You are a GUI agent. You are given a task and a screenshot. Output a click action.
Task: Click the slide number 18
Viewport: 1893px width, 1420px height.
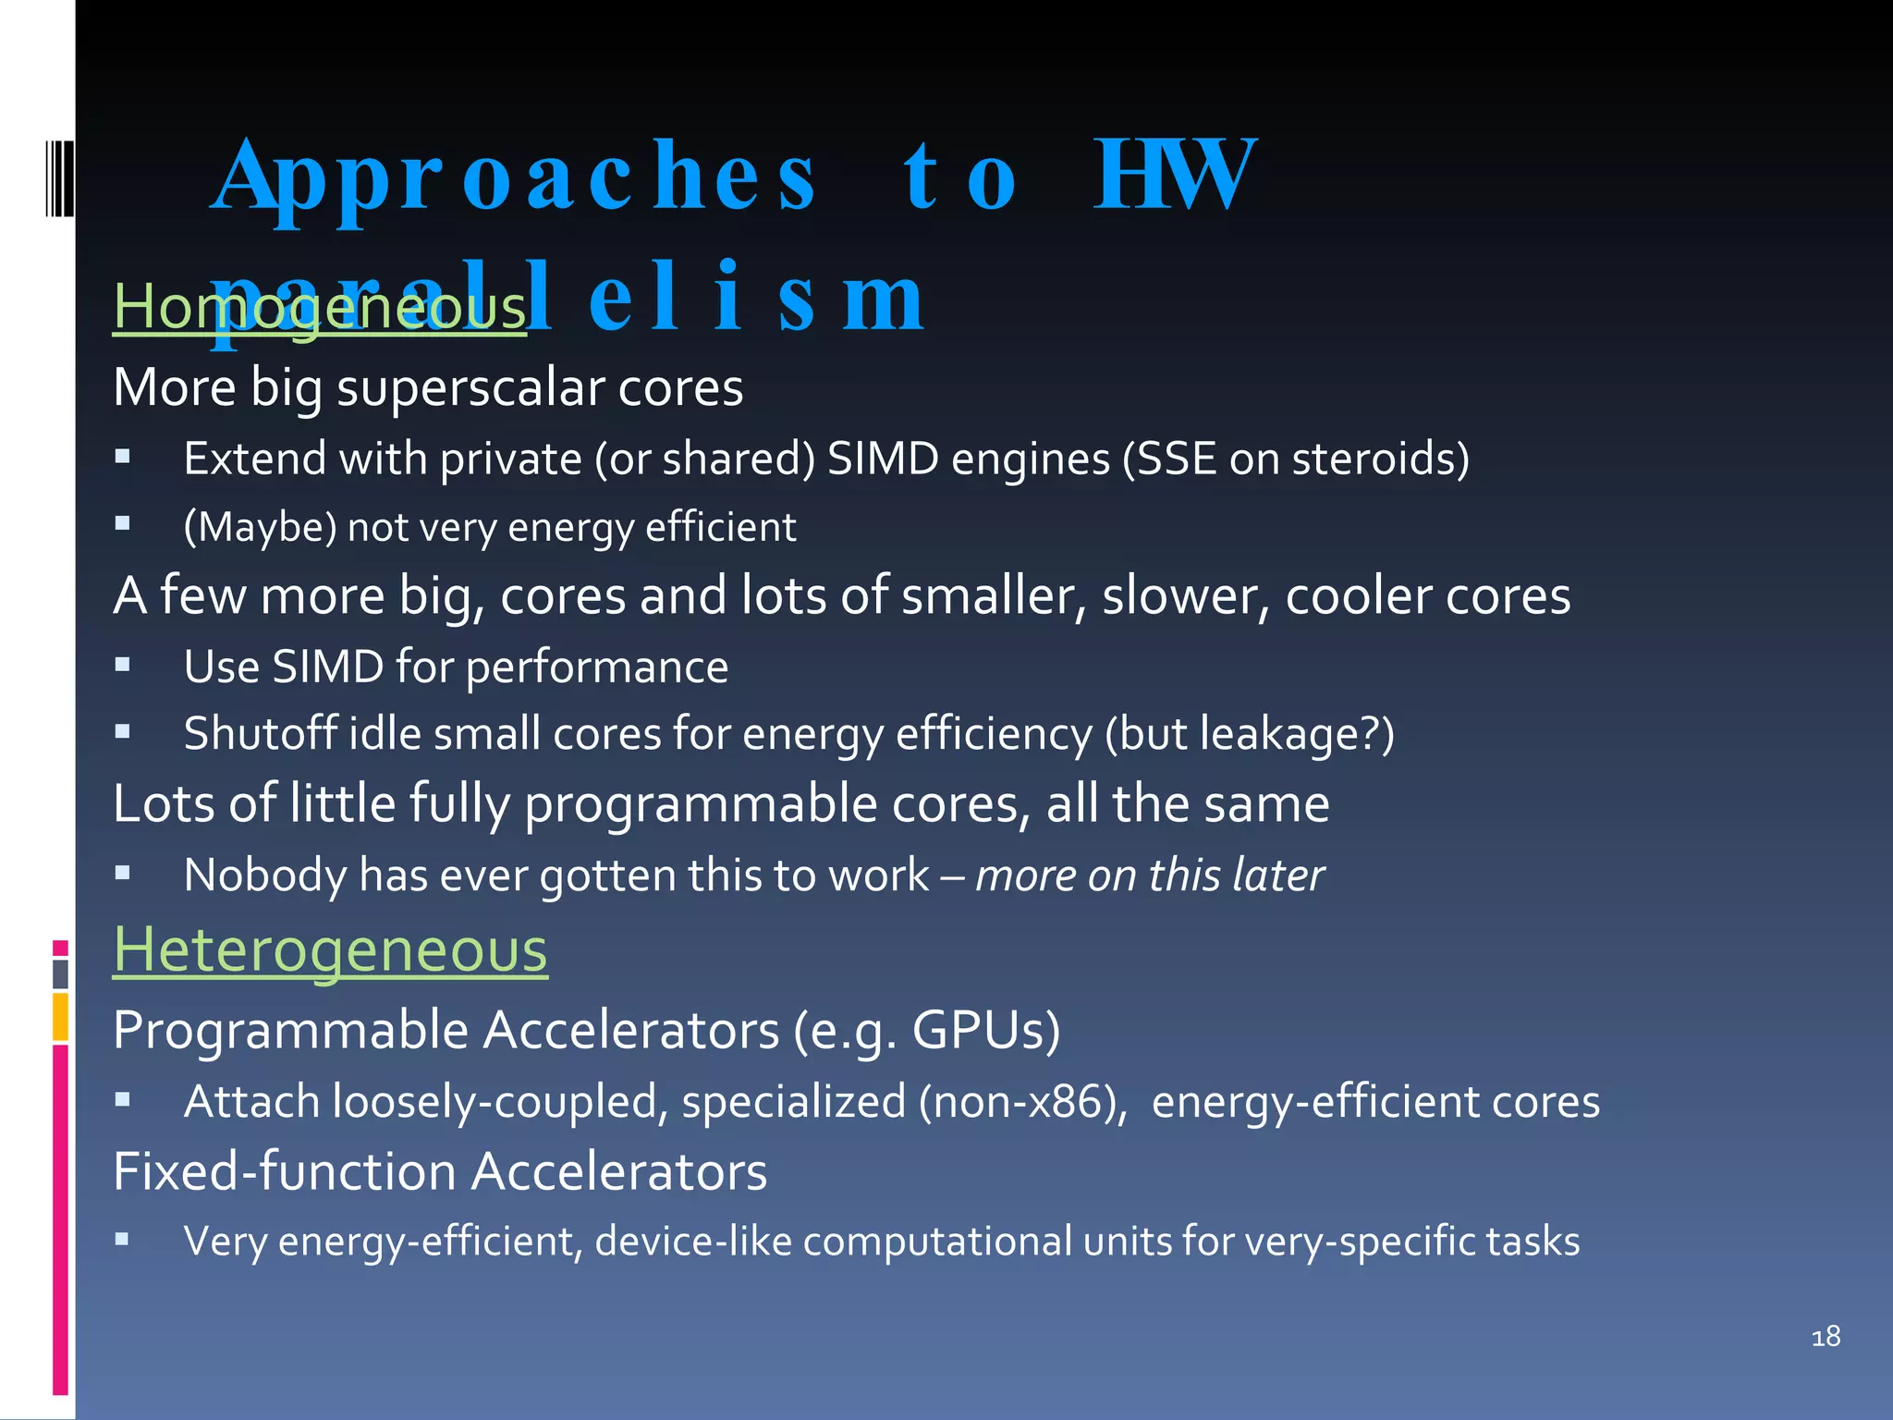point(1826,1337)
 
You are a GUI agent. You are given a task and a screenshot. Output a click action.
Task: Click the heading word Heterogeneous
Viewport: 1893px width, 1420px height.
point(330,950)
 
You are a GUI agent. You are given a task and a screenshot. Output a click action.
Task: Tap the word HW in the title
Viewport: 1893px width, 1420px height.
point(1174,175)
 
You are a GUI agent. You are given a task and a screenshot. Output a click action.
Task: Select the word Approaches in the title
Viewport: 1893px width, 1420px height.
point(514,177)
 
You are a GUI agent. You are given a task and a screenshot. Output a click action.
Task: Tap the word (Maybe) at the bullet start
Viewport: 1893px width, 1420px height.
point(260,528)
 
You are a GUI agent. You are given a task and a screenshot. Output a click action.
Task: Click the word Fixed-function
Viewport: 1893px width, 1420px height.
point(285,1171)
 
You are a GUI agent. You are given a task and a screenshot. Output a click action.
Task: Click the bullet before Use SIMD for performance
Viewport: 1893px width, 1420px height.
point(123,664)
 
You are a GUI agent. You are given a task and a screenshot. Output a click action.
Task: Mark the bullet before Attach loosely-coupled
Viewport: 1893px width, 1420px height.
point(123,1099)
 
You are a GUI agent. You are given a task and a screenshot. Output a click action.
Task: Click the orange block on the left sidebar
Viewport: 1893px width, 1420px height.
point(60,1017)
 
